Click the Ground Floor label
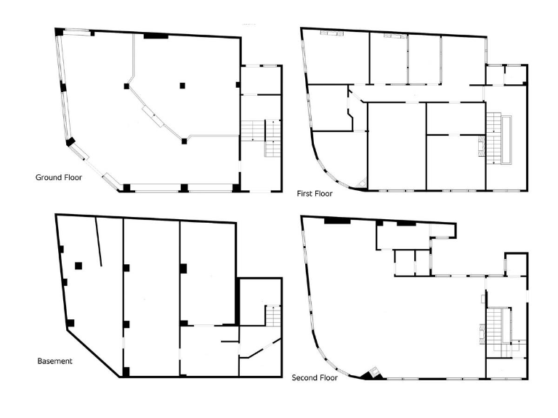tap(59, 177)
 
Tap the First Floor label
tap(315, 194)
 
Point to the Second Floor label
tap(313, 378)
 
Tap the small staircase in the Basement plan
tap(273, 316)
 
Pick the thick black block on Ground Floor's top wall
tap(155, 35)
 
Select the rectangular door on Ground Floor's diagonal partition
tap(152, 112)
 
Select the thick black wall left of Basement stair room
tap(237, 301)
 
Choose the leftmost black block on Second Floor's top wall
tap(336, 219)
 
